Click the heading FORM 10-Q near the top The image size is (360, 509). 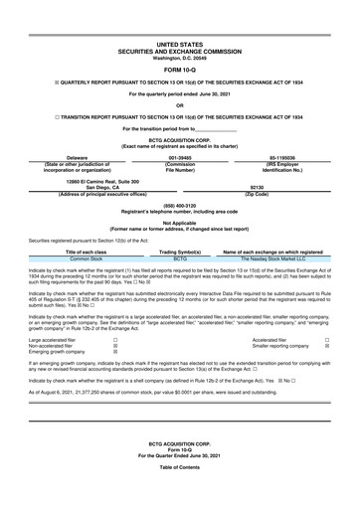[x=179, y=70]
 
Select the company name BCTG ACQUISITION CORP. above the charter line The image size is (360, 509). [x=179, y=141]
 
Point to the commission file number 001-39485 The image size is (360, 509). [x=180, y=157]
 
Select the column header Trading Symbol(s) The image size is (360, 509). [x=180, y=253]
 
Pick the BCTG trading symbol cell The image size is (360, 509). [x=180, y=259]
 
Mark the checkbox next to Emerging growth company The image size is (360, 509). [x=115, y=352]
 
